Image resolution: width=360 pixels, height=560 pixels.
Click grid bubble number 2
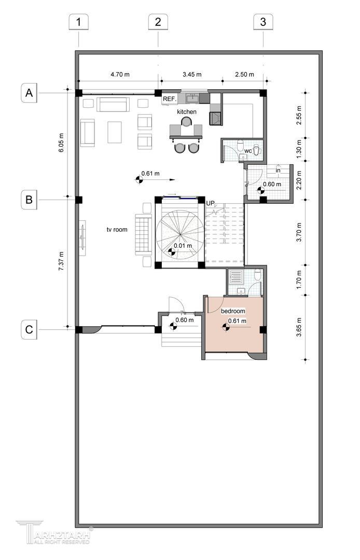[158, 22]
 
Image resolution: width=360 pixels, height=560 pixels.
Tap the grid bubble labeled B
[29, 199]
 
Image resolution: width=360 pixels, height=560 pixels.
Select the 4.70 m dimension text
[120, 75]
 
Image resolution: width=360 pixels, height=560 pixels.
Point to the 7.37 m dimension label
[61, 261]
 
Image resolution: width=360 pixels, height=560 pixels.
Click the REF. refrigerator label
[170, 99]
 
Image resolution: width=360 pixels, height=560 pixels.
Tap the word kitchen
[187, 112]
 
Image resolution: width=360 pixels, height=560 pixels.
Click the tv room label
[117, 230]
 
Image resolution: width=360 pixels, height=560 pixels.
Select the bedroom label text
[233, 311]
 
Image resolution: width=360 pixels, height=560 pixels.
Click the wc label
[248, 151]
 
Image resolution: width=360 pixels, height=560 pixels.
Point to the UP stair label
[211, 203]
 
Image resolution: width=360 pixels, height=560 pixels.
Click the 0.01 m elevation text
[183, 246]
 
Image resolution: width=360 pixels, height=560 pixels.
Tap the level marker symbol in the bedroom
[225, 327]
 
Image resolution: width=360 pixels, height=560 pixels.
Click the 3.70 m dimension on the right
[299, 232]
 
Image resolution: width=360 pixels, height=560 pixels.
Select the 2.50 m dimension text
[245, 75]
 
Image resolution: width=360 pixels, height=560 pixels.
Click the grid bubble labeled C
[29, 329]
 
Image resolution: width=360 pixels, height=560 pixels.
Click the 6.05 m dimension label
[61, 143]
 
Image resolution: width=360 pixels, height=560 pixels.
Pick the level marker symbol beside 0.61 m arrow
[138, 179]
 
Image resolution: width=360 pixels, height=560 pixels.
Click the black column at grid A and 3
[263, 93]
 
